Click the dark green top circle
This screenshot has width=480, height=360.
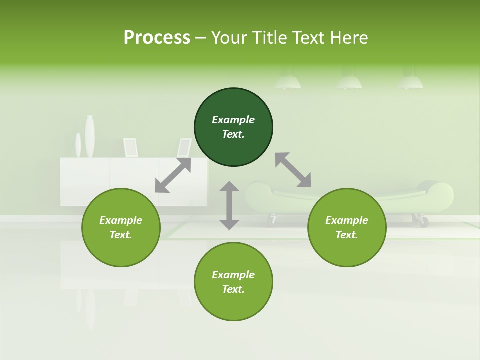[233, 127]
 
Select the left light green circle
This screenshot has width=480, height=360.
[121, 227]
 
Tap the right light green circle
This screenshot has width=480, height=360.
[347, 227]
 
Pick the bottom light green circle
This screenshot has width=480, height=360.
[233, 282]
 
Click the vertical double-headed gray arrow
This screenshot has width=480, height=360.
[229, 205]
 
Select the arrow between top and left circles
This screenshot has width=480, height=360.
[173, 175]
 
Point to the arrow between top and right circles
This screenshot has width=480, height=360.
[293, 170]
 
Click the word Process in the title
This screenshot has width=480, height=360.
[157, 37]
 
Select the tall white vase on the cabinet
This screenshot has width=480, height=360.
[90, 136]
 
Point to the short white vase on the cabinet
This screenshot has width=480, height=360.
[78, 145]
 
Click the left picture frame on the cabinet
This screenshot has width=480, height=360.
[131, 147]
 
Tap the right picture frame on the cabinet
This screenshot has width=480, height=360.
[184, 147]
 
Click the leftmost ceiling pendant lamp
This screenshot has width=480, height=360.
[288, 82]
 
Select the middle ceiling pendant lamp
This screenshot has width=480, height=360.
[349, 82]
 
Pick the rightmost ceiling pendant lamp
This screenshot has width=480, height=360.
[410, 82]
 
